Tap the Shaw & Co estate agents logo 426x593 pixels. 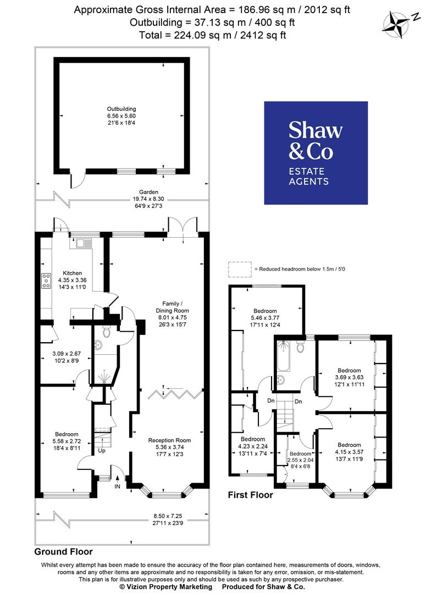[x=316, y=153]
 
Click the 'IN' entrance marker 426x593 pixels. [x=117, y=486]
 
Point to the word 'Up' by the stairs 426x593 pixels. [x=102, y=451]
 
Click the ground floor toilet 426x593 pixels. [x=107, y=332]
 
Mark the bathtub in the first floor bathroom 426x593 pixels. [x=283, y=357]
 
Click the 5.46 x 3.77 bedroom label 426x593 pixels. [x=265, y=318]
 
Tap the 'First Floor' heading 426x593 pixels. [x=250, y=495]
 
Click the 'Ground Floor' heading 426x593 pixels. [x=64, y=551]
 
